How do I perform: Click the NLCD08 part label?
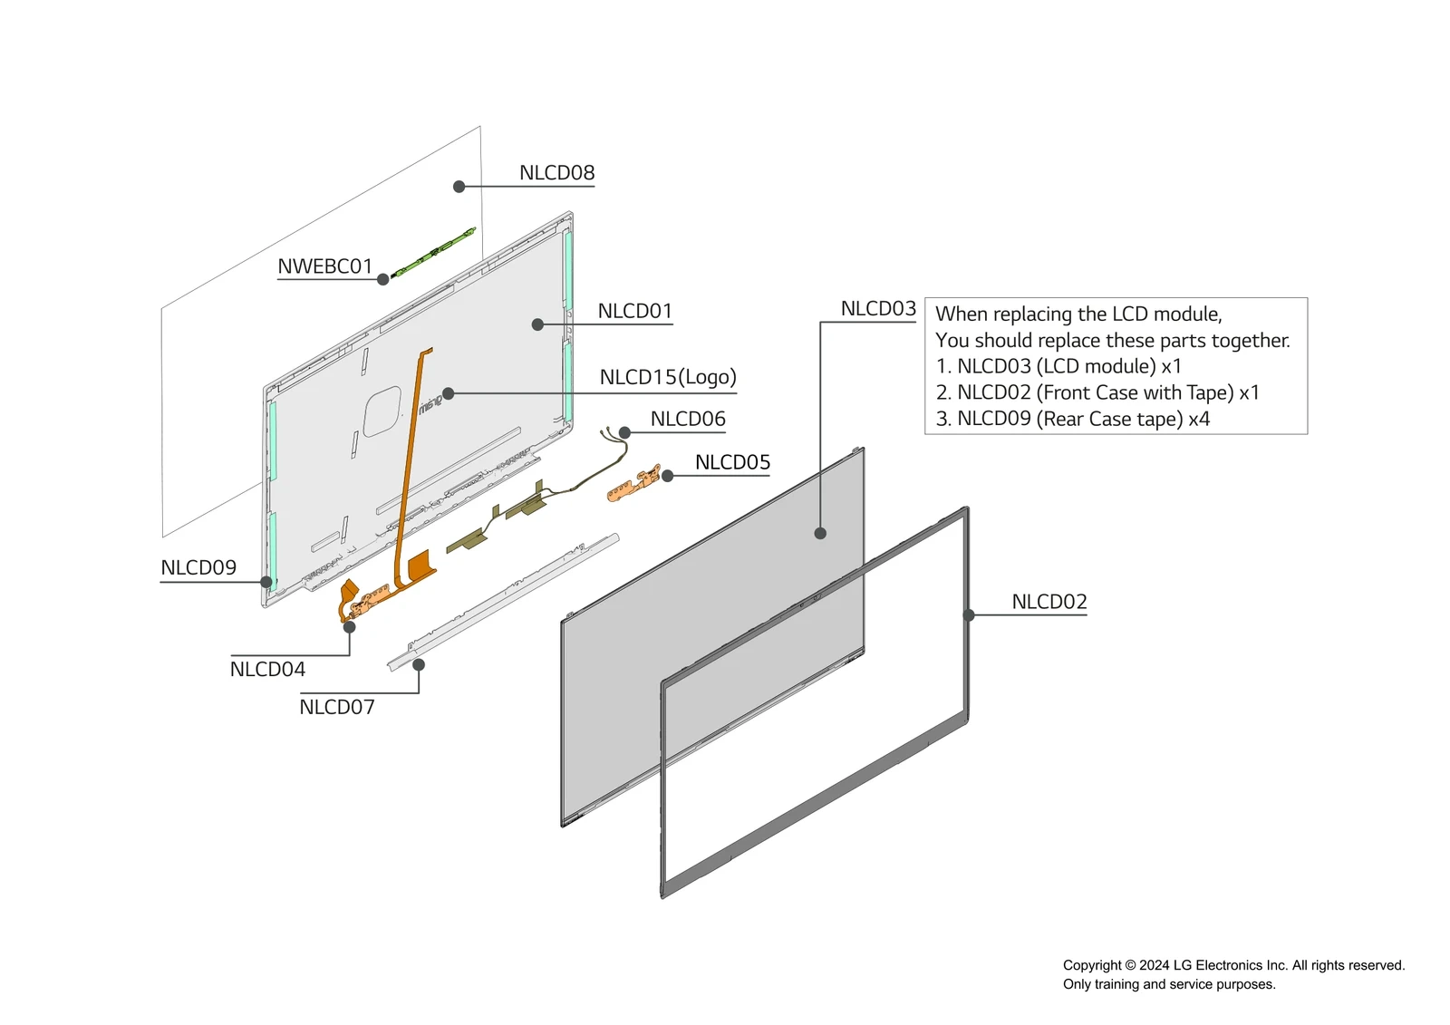click(x=556, y=173)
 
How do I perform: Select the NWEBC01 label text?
click(x=324, y=266)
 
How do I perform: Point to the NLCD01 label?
click(x=634, y=312)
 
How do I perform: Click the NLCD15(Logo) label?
click(x=668, y=377)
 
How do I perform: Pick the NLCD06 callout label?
click(x=688, y=420)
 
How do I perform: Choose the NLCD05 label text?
click(x=732, y=463)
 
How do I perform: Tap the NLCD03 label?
click(x=878, y=309)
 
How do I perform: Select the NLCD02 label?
click(x=1049, y=603)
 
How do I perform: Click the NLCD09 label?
click(x=198, y=568)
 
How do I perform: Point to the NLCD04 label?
click(x=267, y=670)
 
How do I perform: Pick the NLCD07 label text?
click(x=336, y=708)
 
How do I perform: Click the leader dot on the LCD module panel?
click(x=820, y=534)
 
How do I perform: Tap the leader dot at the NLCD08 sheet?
click(x=459, y=187)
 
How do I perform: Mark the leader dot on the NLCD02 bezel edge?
click(x=969, y=615)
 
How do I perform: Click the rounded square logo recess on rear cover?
click(x=382, y=411)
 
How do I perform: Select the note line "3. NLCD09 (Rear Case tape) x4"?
click(x=1072, y=420)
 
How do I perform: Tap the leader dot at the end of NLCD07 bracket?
click(x=419, y=665)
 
